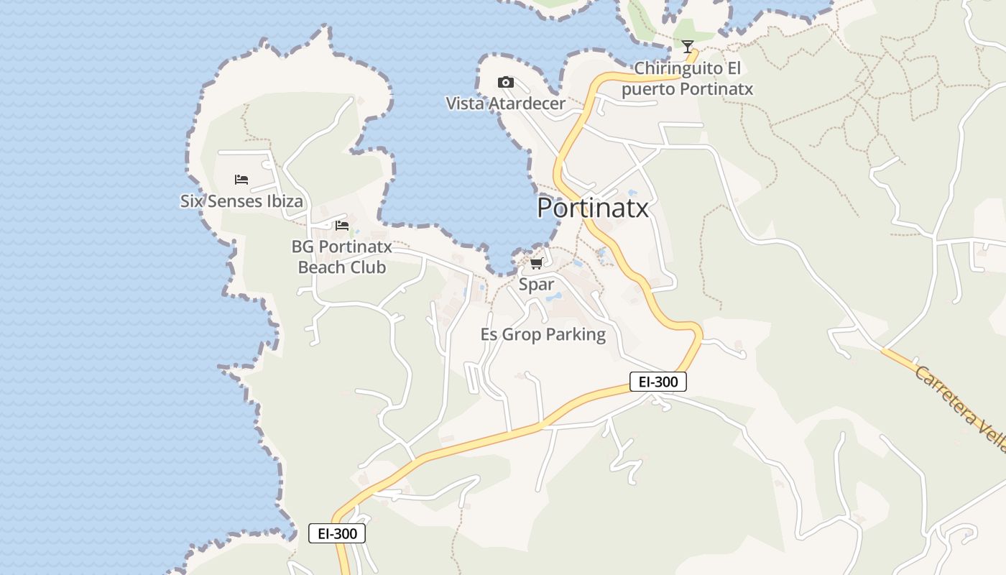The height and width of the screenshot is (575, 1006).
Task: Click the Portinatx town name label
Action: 592,208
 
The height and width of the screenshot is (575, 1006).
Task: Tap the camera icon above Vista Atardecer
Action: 506,83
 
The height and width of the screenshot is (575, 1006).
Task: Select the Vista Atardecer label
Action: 506,103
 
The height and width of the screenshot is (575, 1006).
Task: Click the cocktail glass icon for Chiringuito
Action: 688,47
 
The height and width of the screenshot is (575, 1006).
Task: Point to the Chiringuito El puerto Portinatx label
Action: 687,79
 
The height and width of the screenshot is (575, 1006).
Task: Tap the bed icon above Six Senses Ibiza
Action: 241,180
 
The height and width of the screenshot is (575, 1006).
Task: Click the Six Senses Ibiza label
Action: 241,201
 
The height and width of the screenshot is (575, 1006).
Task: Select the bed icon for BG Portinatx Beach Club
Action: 342,226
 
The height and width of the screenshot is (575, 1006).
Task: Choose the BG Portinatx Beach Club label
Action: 342,257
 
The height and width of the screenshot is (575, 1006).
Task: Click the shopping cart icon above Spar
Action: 536,264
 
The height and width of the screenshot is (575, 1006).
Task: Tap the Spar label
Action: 536,285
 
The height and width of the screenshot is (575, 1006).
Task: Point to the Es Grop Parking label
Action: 543,335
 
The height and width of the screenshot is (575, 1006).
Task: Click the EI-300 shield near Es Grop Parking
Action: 657,382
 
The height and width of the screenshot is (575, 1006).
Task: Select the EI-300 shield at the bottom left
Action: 337,533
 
